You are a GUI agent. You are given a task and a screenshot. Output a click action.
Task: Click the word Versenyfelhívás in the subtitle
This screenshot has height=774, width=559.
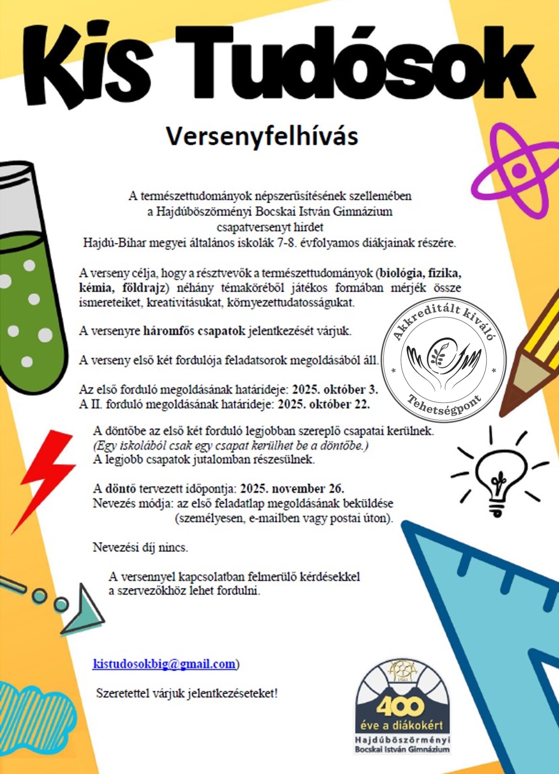[x=262, y=136]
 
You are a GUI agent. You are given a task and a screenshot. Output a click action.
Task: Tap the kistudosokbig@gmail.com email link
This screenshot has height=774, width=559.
[x=164, y=663]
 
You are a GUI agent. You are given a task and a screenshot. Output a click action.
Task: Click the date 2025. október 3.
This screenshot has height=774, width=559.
[x=335, y=389]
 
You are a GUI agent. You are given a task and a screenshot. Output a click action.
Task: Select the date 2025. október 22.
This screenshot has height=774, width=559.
[x=324, y=404]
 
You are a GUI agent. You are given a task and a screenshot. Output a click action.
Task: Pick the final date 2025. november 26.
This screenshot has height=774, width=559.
[x=292, y=489]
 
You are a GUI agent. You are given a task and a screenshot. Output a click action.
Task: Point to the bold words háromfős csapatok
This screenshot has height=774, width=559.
[x=194, y=331]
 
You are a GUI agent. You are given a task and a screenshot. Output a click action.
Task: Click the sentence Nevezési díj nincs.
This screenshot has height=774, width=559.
[x=140, y=547]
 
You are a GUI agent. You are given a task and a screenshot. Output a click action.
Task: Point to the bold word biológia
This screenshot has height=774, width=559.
[x=401, y=273]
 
